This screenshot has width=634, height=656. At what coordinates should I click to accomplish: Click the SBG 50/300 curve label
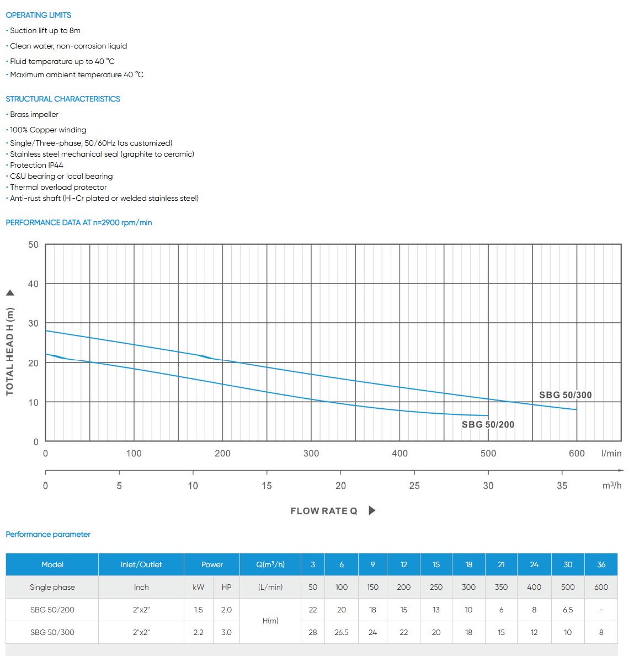pos(565,395)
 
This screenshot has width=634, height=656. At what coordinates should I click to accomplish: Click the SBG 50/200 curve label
pos(488,424)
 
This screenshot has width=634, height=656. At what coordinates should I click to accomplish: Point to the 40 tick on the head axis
pos(34,284)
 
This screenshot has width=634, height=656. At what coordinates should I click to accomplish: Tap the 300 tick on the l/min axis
pos(311,454)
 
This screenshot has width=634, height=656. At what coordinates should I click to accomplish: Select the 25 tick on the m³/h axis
pos(414,486)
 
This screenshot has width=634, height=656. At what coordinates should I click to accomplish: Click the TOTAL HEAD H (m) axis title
pos(9,351)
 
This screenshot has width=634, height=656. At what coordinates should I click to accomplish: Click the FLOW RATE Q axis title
pos(324,511)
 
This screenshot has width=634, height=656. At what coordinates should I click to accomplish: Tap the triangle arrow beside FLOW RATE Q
pos(372,510)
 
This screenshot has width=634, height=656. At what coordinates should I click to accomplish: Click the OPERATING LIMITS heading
pos(39,15)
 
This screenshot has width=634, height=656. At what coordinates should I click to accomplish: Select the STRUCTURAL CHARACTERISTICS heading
pos(63,99)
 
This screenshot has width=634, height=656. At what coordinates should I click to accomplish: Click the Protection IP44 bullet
pos(36,165)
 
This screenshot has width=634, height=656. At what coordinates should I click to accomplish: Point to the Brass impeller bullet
pos(34,114)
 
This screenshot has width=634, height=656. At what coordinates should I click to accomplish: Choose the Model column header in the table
pos(52,564)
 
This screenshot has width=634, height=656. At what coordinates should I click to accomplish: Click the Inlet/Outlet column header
pos(141,564)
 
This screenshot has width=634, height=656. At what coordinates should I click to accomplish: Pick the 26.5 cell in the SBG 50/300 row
pos(342,632)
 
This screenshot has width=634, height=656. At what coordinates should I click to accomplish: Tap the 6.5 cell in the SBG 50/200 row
pos(568,610)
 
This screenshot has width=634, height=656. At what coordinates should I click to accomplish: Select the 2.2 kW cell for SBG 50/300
pos(199,632)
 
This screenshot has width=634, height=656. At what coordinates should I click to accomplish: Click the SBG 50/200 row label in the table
pos(52,610)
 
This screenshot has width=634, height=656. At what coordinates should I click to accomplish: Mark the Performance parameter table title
pos(48,534)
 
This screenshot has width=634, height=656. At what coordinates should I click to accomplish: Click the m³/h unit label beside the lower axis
pos(612,486)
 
